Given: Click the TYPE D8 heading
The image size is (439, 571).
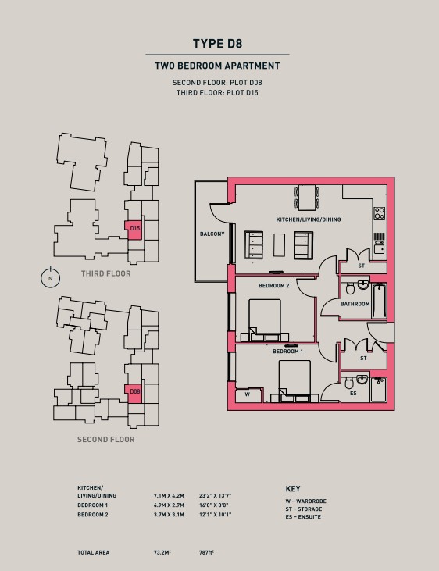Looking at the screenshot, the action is (217, 44).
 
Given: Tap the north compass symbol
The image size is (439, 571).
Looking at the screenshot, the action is (50, 278).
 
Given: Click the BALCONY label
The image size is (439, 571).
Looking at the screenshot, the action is (212, 234).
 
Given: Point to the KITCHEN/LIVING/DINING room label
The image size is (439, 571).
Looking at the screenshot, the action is (309, 219).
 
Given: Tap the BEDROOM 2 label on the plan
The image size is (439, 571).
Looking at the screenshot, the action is (274, 286).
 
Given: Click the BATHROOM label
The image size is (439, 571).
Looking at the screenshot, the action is (355, 304).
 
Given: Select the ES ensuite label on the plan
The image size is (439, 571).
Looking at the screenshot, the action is (353, 394).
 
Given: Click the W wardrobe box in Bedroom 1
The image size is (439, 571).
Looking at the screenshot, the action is (248, 395).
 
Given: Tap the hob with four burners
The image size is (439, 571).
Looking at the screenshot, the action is (380, 213).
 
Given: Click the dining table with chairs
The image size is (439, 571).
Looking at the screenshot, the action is (308, 198).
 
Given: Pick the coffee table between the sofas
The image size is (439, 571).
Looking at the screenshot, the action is (279, 245).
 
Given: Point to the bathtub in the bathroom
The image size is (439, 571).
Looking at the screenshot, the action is (380, 301).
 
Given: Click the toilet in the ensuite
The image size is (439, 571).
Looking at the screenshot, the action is (349, 383).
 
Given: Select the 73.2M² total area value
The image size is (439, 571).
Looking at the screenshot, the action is (162, 552).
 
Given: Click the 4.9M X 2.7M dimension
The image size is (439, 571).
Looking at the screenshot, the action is (169, 505).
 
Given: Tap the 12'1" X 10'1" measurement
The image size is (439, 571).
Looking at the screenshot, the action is (216, 515).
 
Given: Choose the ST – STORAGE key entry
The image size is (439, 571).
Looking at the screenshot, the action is (304, 509).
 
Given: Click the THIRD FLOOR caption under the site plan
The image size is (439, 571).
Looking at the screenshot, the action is (106, 273).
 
